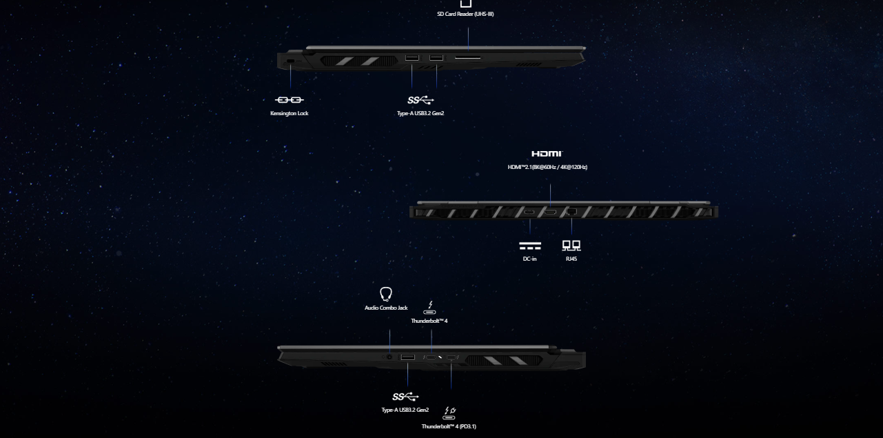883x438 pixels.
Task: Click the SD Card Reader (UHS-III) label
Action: coord(465,14)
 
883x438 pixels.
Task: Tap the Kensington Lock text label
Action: coord(290,113)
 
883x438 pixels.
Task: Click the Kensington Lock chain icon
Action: coord(290,100)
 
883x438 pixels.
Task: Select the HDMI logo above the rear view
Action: coord(547,154)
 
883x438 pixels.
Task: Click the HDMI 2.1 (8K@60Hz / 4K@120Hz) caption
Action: coord(547,167)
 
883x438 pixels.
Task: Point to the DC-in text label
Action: coord(529,259)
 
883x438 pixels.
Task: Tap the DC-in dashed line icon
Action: coord(530,246)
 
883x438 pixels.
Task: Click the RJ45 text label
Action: coord(571,259)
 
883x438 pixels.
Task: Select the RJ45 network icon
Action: coord(571,246)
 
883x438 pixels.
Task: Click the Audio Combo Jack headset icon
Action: coord(386,294)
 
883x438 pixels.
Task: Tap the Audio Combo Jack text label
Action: coord(386,308)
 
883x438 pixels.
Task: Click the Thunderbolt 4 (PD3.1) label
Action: coord(449,426)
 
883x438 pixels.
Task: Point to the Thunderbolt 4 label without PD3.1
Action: coord(429,321)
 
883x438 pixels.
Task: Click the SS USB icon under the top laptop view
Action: coord(420,100)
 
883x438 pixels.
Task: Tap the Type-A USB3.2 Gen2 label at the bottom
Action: coord(405,410)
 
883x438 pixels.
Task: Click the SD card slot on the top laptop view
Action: coord(468,58)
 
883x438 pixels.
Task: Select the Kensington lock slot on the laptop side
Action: coord(290,61)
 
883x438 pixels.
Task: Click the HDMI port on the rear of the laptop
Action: coord(550,212)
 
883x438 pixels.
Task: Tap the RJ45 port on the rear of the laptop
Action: coord(571,212)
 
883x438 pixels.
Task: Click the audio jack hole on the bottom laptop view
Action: coord(389,357)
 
